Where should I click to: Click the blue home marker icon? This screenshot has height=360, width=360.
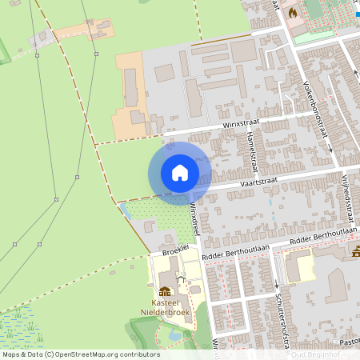point(179,173)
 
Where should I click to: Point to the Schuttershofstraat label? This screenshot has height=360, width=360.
point(280,308)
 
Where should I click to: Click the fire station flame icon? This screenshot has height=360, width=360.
point(292,13)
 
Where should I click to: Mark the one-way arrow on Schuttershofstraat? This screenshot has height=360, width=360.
point(276,285)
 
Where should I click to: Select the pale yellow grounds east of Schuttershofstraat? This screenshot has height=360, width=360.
point(300,266)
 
